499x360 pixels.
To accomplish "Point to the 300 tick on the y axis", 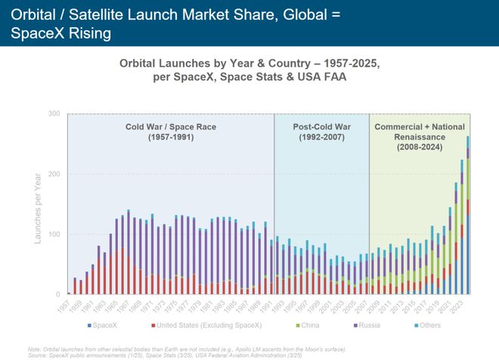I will tap(55, 114).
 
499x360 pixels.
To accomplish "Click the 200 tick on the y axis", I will tap(55, 174).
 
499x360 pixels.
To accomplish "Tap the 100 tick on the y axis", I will tap(55, 234).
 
